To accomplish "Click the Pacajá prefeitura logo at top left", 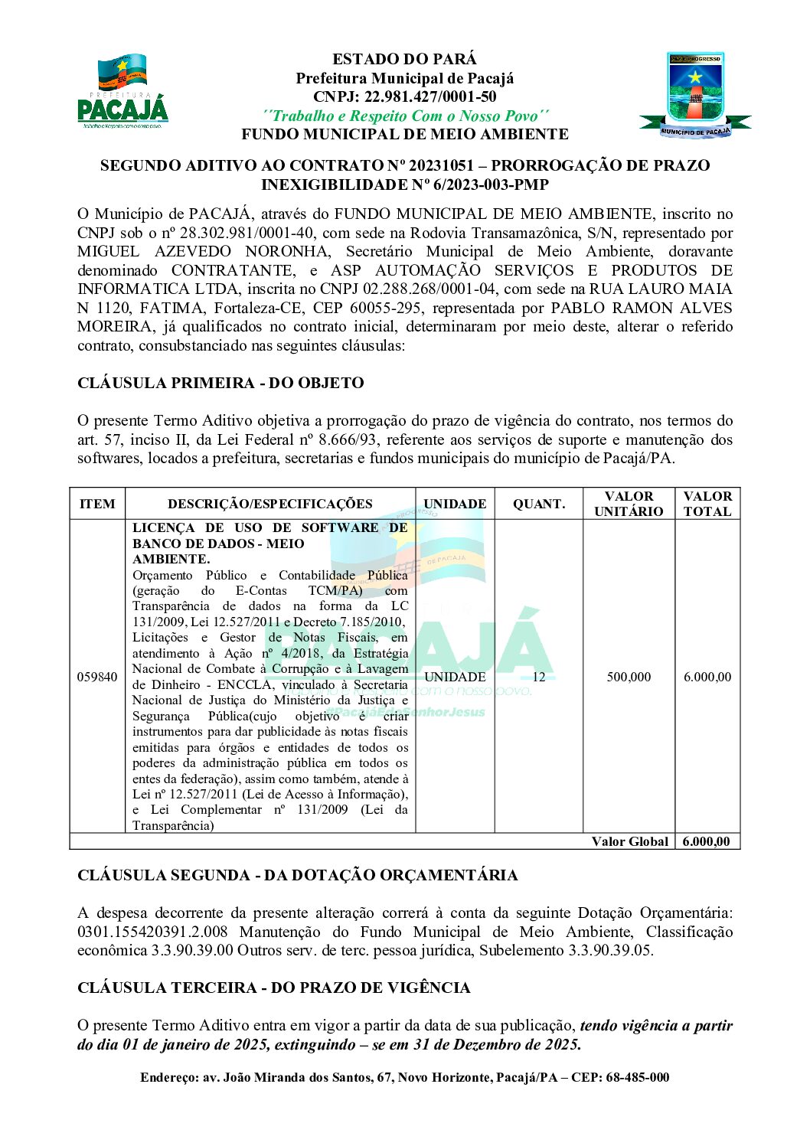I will tap(122, 92).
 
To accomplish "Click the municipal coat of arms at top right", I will tap(694, 96).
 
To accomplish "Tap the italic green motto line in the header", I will tap(405, 116).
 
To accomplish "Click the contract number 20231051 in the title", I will tap(446, 166).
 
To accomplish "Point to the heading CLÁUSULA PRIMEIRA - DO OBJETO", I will tap(220, 384).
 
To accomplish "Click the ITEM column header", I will tap(97, 504).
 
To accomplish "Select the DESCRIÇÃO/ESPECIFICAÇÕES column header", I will tap(270, 504).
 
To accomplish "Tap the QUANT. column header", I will tap(539, 504).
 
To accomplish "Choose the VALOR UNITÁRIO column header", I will tap(629, 504).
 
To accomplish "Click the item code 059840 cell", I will tap(97, 677).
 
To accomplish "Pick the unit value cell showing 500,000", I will tap(629, 677).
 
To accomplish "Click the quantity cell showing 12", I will tap(539, 677).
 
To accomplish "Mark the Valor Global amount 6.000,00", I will tap(706, 842).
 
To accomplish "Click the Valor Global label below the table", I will tap(629, 842).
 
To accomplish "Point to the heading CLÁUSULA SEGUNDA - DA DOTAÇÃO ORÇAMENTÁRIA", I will tap(297, 876).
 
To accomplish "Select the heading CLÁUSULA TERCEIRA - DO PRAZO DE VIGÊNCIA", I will tap(273, 988).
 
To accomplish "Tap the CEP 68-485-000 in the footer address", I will tap(638, 1078).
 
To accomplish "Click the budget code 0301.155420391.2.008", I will tap(152, 932).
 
